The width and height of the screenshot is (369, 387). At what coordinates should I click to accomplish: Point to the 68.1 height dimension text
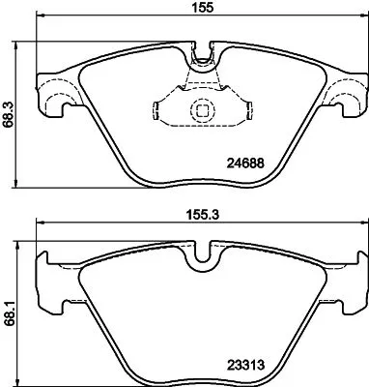point(11,310)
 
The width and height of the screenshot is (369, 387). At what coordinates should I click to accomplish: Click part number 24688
point(246,165)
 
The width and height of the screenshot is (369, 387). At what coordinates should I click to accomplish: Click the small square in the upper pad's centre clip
point(202,109)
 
